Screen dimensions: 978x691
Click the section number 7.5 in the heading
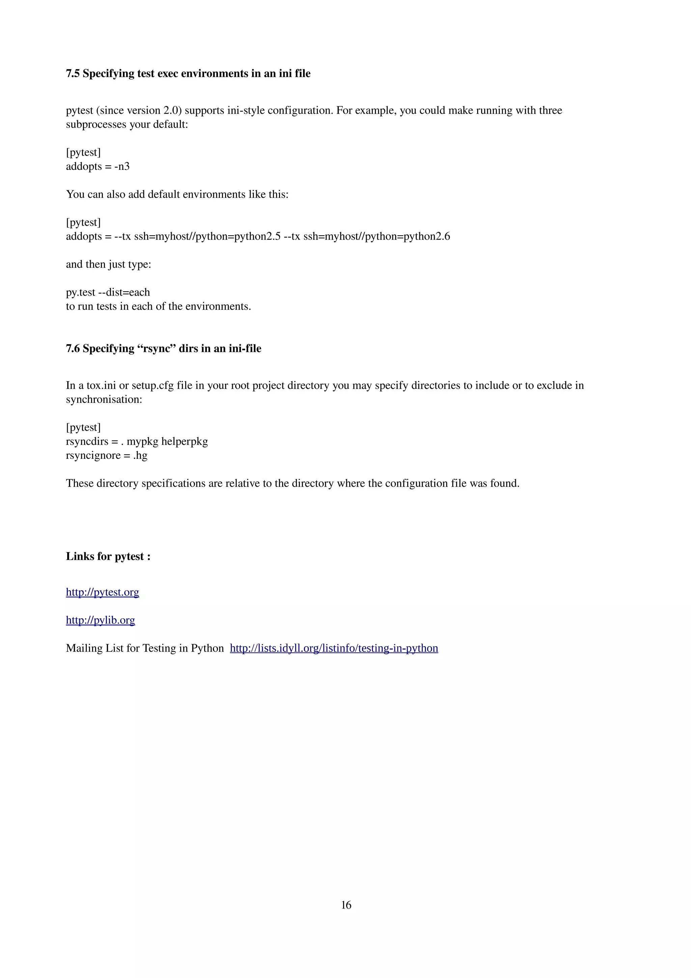(73, 74)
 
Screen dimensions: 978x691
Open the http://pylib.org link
(101, 620)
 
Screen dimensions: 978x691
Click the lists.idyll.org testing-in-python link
(334, 648)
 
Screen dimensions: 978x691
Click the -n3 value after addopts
(122, 167)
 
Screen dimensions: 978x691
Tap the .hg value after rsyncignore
(140, 456)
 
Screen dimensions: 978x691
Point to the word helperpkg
(185, 442)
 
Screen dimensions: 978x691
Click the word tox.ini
(101, 385)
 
